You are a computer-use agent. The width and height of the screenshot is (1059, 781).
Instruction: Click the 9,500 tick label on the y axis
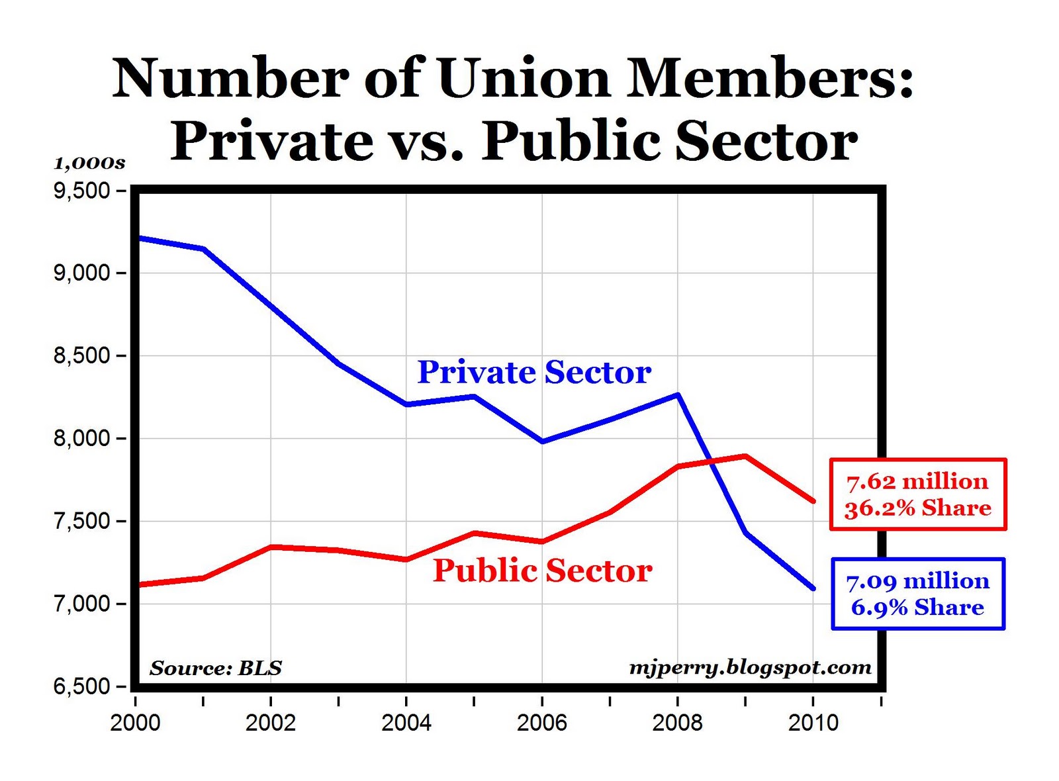[81, 191]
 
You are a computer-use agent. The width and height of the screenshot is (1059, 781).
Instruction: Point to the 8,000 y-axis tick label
[81, 438]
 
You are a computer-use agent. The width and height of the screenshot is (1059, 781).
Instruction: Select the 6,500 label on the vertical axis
[81, 686]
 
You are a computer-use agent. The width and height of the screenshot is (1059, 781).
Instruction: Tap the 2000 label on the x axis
[135, 722]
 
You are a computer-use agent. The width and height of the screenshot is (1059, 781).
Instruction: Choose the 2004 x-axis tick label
[406, 722]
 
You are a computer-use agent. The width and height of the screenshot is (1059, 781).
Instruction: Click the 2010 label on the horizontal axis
[813, 722]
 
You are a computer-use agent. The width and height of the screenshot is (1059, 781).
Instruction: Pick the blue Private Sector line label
[534, 373]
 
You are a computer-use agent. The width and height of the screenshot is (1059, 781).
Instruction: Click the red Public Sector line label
[543, 571]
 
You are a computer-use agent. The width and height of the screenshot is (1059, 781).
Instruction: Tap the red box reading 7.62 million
[918, 494]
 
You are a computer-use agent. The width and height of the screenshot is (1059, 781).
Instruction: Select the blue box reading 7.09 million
[918, 594]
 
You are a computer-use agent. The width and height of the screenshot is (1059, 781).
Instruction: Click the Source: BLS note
[216, 668]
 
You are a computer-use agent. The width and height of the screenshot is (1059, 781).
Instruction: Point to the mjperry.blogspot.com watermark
[750, 667]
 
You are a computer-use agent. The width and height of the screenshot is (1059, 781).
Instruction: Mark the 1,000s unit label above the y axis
[89, 163]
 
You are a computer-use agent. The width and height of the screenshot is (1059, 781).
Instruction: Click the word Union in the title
[523, 78]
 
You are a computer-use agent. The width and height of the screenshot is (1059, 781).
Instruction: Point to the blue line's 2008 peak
[678, 395]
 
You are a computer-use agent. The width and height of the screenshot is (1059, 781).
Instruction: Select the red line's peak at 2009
[745, 456]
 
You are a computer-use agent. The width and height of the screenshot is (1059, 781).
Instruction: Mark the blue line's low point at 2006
[543, 441]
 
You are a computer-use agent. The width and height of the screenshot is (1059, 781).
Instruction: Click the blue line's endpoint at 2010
[813, 588]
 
